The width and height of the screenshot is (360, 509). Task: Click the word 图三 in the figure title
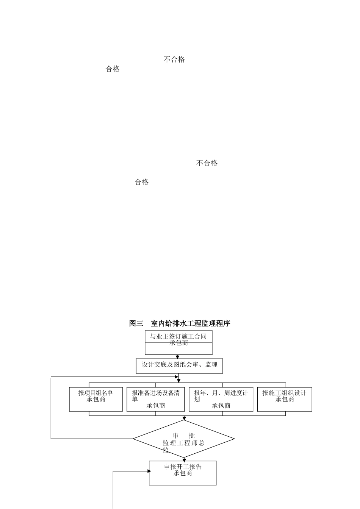[x=136, y=323]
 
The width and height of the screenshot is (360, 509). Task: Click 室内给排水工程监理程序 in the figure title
[x=190, y=323]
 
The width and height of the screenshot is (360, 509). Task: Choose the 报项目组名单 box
[x=96, y=399]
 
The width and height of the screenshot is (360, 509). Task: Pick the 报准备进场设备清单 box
[x=156, y=399]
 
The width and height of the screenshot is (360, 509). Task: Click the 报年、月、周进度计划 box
[x=221, y=399]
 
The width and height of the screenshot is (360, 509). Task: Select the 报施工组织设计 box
[x=285, y=399]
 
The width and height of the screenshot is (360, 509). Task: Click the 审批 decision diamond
[x=184, y=439]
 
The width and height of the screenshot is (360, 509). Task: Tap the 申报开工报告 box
[x=183, y=473]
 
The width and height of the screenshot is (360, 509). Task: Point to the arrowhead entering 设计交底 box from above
[x=177, y=357]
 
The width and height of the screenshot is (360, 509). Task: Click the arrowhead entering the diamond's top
[x=184, y=418]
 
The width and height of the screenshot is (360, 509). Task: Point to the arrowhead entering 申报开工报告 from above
[x=184, y=459]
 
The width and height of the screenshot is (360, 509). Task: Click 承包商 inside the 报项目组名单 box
[x=96, y=400]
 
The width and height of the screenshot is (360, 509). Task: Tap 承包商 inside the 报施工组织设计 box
[x=285, y=400]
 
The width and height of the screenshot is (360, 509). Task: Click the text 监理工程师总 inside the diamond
[x=184, y=443]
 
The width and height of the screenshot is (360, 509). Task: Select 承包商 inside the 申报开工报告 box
[x=183, y=473]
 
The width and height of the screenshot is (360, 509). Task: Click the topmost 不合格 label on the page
[x=174, y=59]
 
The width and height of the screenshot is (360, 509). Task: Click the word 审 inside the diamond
[x=175, y=436]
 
